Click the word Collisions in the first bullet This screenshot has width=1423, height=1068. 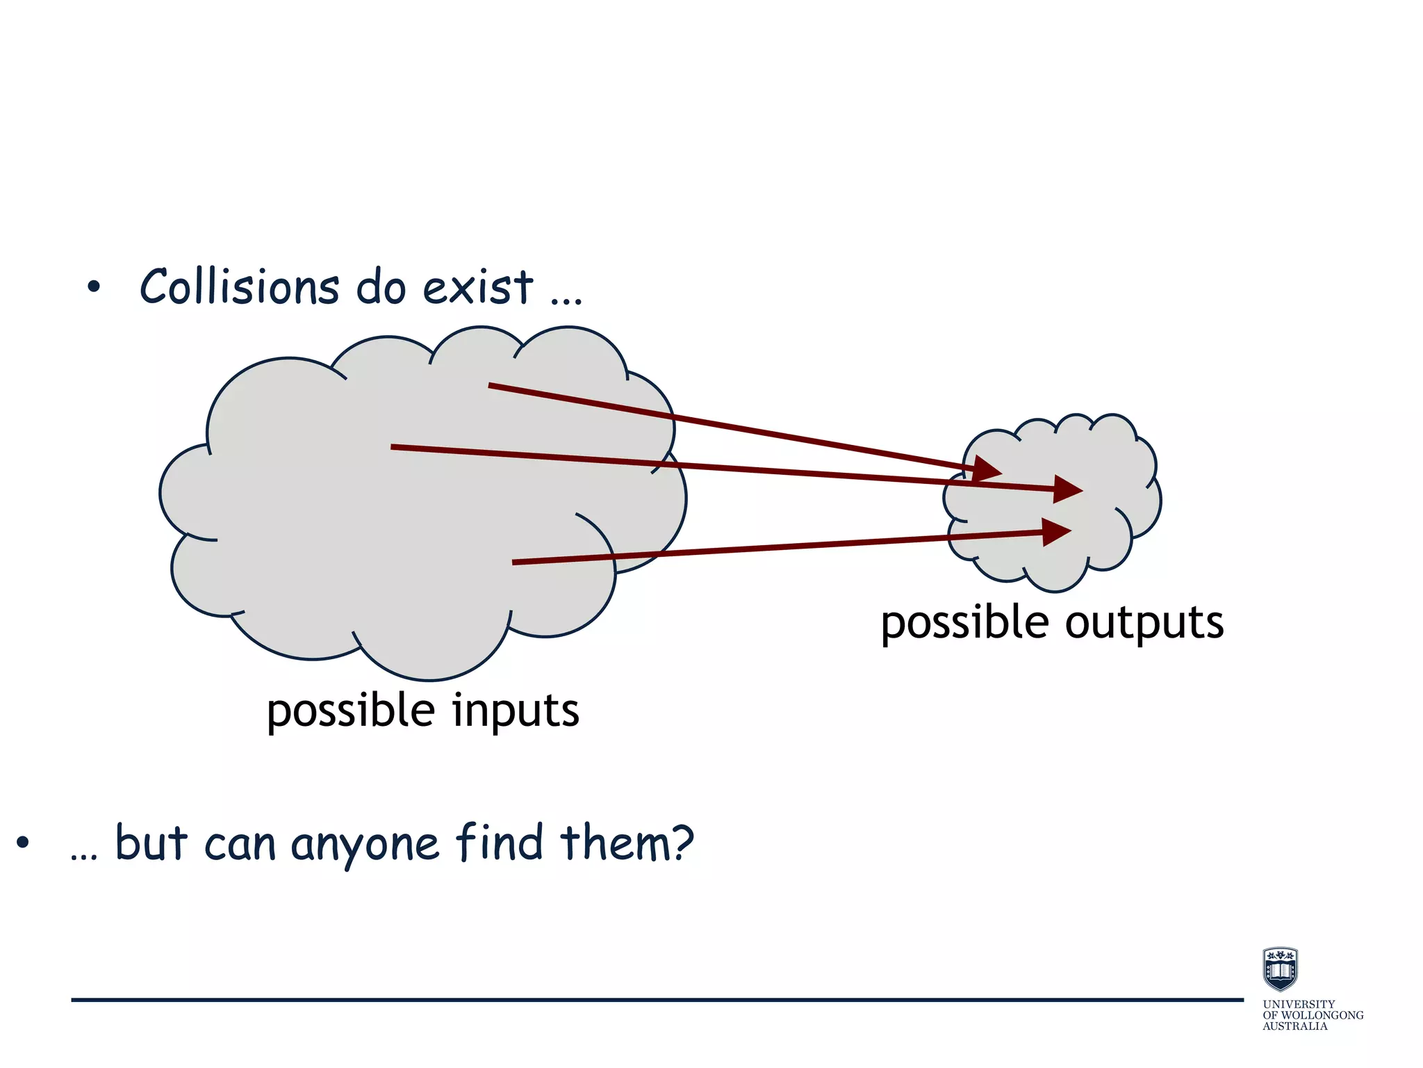click(239, 286)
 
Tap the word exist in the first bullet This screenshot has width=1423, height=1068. click(478, 286)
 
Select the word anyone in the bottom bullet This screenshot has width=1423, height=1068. click(365, 844)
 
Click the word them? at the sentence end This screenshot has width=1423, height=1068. click(627, 843)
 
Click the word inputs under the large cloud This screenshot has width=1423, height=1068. click(516, 711)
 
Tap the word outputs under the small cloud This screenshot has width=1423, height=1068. click(1144, 622)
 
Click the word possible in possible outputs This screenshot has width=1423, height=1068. click(964, 622)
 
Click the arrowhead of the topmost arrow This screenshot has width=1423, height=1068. click(987, 469)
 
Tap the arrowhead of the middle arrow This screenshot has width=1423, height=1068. click(1067, 489)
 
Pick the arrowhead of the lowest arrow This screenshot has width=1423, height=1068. click(1056, 532)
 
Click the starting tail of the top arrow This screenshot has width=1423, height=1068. click(491, 385)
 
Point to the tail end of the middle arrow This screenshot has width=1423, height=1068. click(393, 447)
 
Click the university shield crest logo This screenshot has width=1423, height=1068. click(1280, 969)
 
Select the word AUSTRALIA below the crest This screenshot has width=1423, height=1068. click(1294, 1026)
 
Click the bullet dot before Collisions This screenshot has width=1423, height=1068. click(94, 286)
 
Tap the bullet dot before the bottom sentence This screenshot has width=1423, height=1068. click(23, 843)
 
